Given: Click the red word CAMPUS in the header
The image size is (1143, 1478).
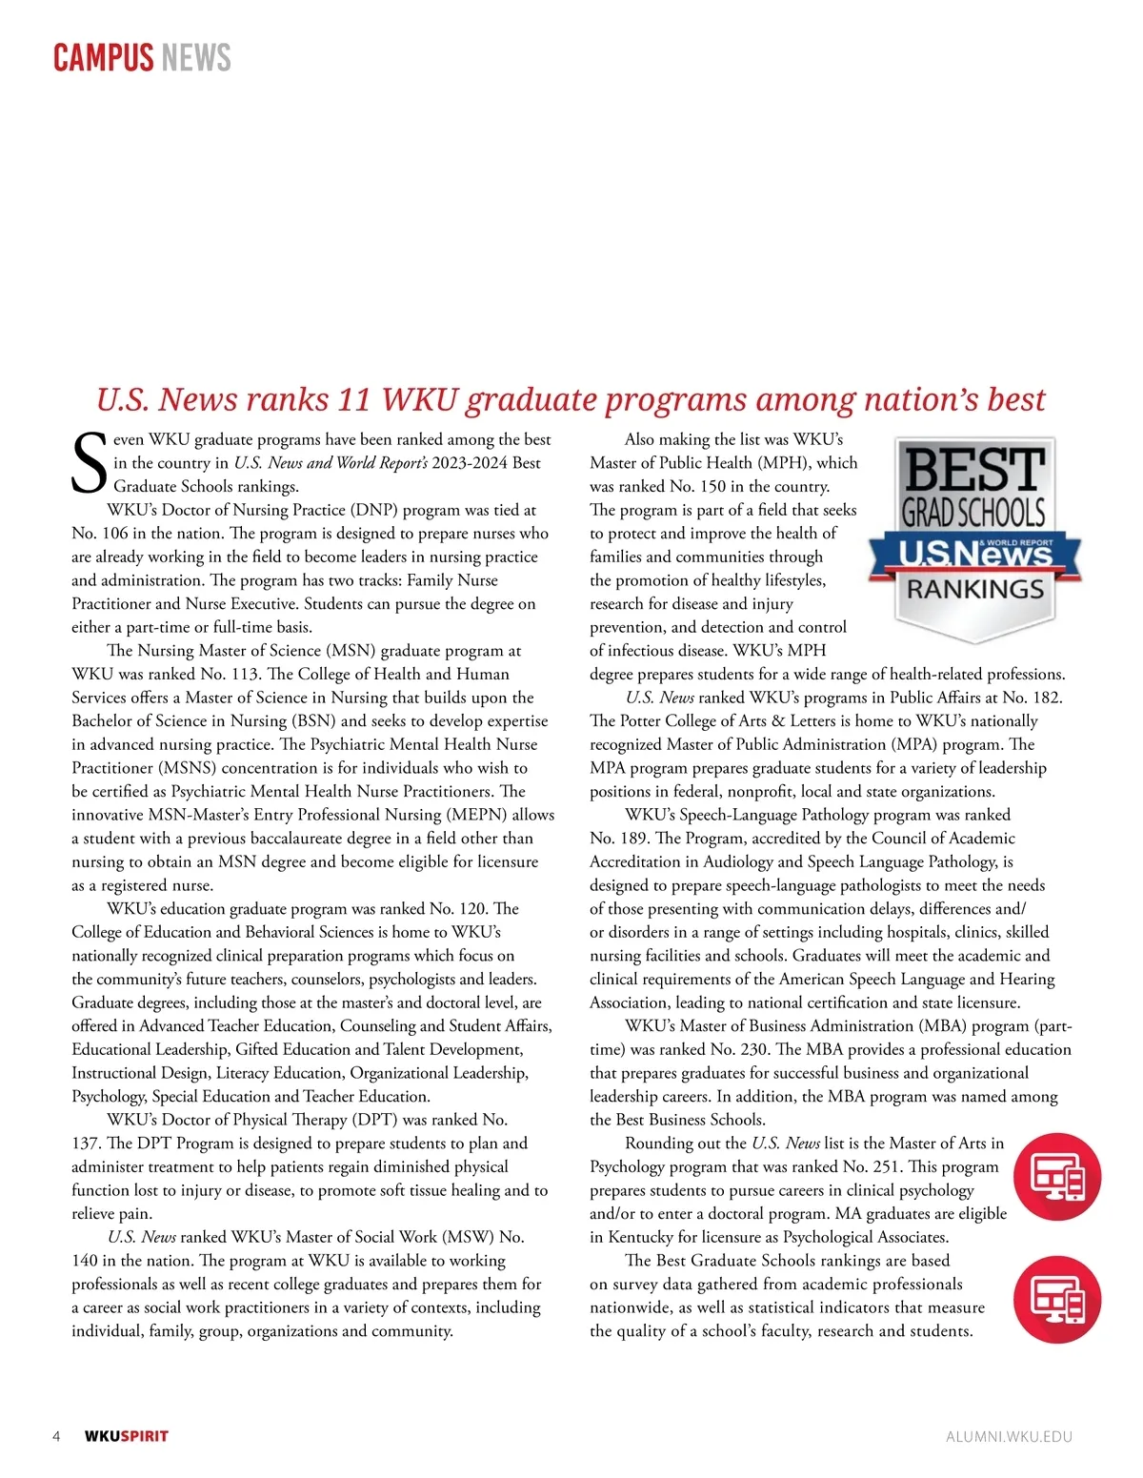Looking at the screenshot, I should (102, 58).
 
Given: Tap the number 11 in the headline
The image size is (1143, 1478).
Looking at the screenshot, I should (353, 399).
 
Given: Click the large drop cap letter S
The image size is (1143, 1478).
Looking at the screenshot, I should (90, 464).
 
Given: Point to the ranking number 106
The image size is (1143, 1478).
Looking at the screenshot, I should (113, 534).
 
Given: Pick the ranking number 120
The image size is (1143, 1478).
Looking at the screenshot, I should (471, 909).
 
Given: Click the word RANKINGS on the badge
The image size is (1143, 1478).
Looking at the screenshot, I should (974, 590).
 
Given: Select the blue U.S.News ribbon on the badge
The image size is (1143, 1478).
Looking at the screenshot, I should (974, 553).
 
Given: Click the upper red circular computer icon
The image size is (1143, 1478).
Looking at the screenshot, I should (1056, 1178).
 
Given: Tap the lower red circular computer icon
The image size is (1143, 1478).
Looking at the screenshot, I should (1056, 1300).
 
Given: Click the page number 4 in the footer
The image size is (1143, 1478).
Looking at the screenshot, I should (56, 1437).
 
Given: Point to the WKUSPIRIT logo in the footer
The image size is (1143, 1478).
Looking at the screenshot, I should (126, 1437).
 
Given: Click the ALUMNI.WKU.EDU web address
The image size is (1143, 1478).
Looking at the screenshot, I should (1009, 1437).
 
